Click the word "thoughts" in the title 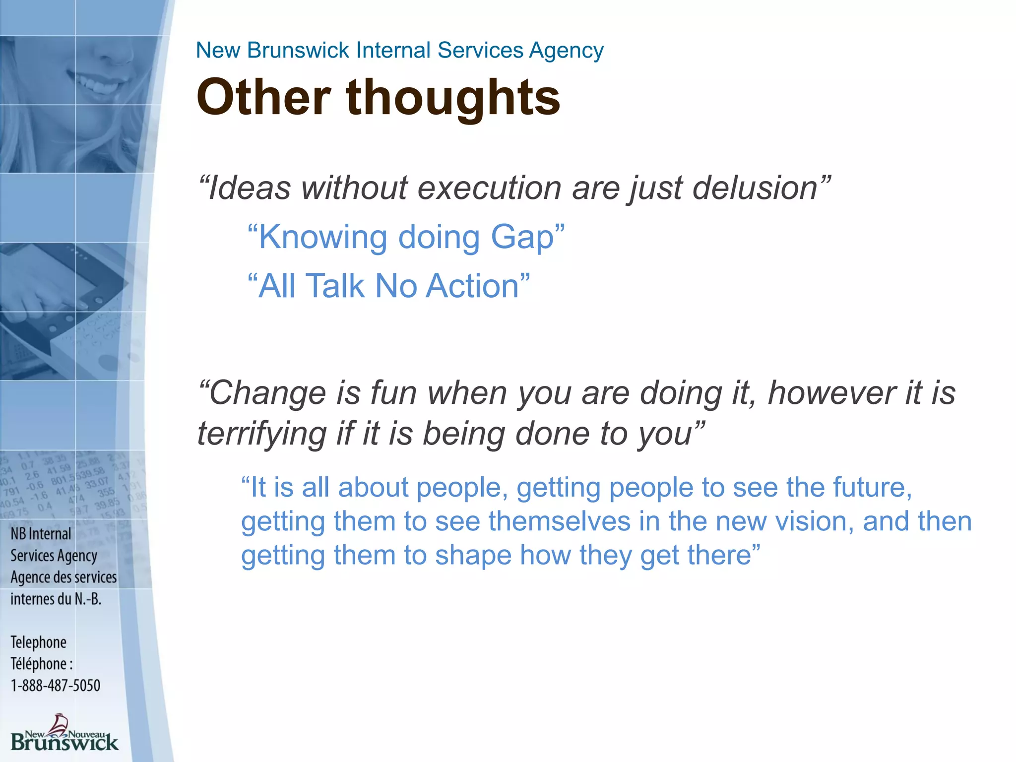pos(452,98)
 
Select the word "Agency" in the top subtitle pos(566,51)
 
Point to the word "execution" pos(489,189)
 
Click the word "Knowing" pos(322,237)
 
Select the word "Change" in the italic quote pos(268,393)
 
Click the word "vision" pos(810,522)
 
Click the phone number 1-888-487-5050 pos(56,686)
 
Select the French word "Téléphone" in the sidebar pos(39,664)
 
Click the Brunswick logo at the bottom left pos(64,734)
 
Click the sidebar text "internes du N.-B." pos(56,599)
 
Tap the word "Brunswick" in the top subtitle pos(298,51)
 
